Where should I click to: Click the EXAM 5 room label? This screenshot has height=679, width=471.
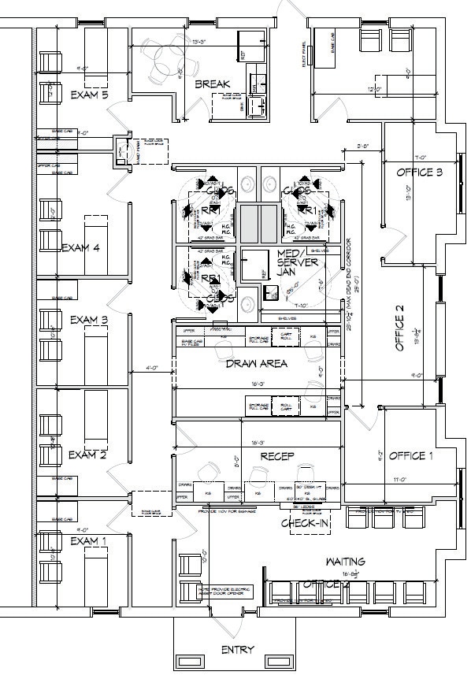click(89, 95)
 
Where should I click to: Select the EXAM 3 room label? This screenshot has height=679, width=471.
click(88, 319)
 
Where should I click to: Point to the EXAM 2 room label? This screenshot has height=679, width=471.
click(87, 455)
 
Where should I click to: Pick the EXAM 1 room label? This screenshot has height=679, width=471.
click(87, 541)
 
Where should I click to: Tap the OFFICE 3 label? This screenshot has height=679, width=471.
click(419, 172)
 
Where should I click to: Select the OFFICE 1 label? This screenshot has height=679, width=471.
click(410, 456)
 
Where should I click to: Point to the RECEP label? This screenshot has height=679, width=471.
click(276, 455)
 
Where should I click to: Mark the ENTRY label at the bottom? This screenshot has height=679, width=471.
click(238, 650)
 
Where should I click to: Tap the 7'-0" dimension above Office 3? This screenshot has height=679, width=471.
click(420, 157)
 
